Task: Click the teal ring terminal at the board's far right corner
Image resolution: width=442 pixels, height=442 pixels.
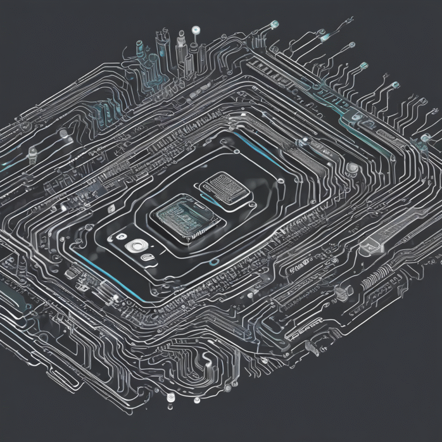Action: click(x=425, y=137)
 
